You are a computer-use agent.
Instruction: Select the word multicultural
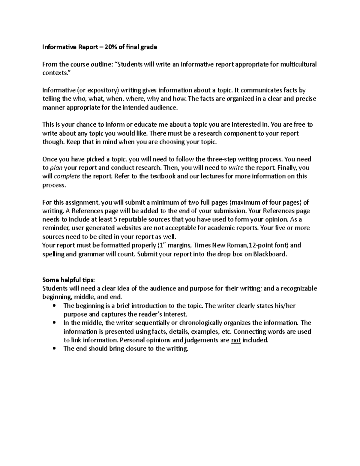coord(298,64)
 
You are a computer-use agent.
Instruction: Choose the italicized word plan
coord(56,168)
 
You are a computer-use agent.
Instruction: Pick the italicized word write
coord(236,168)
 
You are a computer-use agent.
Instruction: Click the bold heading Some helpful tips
coord(68,280)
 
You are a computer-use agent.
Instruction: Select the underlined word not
coord(236,340)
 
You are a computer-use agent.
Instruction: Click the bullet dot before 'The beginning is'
coord(54,306)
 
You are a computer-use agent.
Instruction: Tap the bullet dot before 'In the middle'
coord(54,323)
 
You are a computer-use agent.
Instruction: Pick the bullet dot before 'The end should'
coord(54,349)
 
